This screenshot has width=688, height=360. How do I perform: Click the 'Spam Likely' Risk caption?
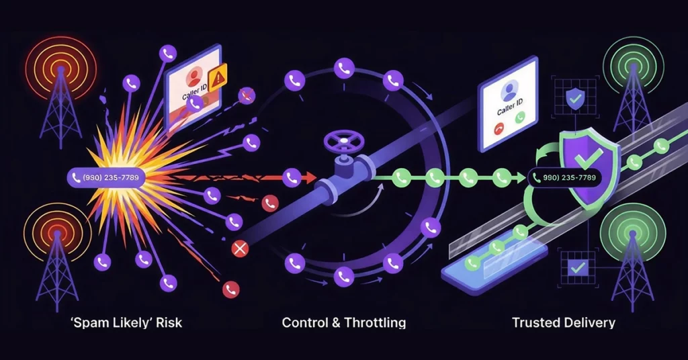[x=126, y=323]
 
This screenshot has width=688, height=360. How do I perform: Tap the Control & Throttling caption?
[x=343, y=323]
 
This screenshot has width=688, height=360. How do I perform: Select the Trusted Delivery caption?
[x=564, y=323]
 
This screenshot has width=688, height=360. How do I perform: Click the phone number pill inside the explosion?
[x=106, y=177]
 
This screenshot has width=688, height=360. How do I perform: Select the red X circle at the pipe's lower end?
[x=240, y=249]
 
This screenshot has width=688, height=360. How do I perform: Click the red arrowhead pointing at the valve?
[x=310, y=177]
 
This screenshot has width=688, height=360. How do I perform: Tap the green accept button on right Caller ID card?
[x=520, y=118]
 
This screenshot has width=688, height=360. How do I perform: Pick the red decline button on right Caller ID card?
[x=499, y=130]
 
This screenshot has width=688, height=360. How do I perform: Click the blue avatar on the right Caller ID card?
[x=509, y=91]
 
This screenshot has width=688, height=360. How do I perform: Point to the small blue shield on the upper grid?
[x=574, y=98]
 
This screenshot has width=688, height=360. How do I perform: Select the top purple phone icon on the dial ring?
[x=344, y=69]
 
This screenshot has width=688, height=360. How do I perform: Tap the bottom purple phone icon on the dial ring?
[x=344, y=276]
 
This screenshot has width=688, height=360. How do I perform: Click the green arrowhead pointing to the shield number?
[x=521, y=177]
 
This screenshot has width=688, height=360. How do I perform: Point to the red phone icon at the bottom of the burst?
[x=231, y=289]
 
